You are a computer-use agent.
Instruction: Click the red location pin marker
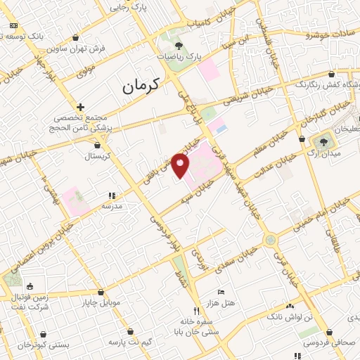181,167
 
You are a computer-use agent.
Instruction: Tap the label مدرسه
112,206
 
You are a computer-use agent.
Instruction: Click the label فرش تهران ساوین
77,49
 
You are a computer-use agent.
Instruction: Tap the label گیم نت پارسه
129,342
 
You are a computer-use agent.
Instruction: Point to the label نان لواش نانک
290,317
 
